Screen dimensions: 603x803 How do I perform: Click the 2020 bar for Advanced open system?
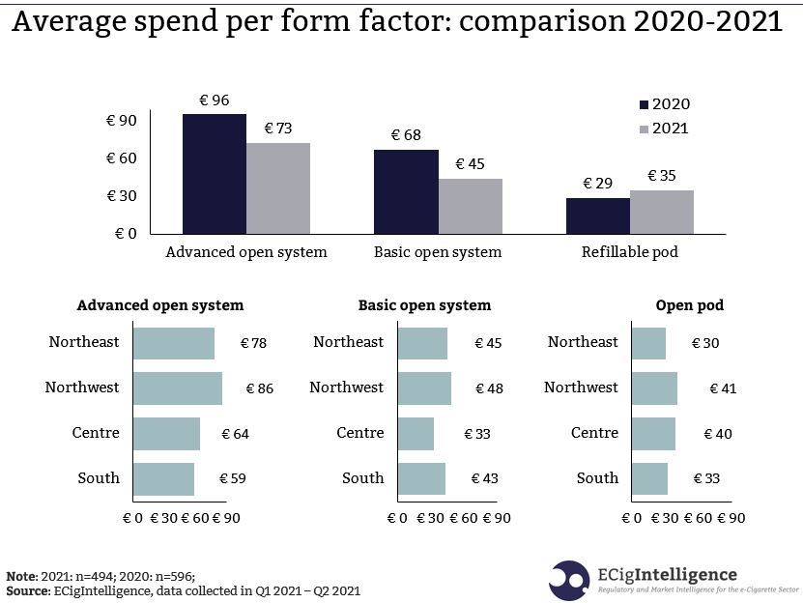(x=214, y=174)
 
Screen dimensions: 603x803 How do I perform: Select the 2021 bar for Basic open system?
(x=470, y=206)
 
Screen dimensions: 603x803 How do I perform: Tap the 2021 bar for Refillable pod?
(x=661, y=212)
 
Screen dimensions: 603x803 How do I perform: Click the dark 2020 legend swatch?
(x=644, y=104)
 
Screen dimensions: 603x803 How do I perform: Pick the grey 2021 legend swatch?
(x=644, y=129)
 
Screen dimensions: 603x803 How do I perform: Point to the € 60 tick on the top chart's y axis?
(x=122, y=158)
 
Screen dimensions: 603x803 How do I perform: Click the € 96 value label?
(x=214, y=100)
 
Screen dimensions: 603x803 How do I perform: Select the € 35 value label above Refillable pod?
(x=662, y=176)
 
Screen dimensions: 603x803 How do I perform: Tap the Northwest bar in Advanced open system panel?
(x=177, y=388)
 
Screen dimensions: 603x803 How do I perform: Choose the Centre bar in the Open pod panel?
(x=653, y=434)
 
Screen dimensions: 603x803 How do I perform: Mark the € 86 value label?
(x=259, y=388)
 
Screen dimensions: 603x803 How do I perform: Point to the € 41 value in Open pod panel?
(x=722, y=388)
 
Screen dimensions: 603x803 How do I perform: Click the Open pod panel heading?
(x=689, y=305)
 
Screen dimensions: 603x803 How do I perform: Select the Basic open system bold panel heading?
(x=424, y=305)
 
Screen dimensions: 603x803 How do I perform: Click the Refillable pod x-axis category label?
(x=629, y=252)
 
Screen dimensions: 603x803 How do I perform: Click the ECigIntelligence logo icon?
(x=569, y=578)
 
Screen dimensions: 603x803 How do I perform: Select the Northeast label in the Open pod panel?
(x=582, y=342)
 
